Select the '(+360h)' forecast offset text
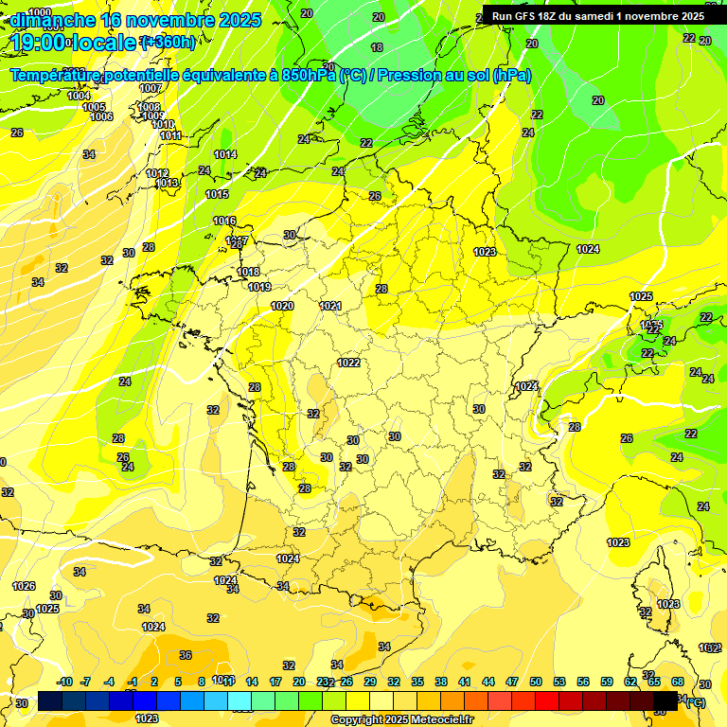pyautogui.click(x=168, y=42)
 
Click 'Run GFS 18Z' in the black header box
pyautogui.click(x=526, y=16)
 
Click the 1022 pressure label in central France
pyautogui.click(x=348, y=363)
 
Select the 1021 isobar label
pyautogui.click(x=330, y=306)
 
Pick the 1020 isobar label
pyautogui.click(x=282, y=306)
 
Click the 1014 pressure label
pyautogui.click(x=225, y=154)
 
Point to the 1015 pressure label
pyautogui.click(x=217, y=194)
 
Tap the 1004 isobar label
pyautogui.click(x=80, y=96)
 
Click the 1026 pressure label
pyautogui.click(x=24, y=587)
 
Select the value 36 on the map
pyautogui.click(x=186, y=655)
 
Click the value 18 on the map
pyautogui.click(x=378, y=47)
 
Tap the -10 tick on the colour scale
pyautogui.click(x=65, y=682)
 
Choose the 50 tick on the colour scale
pyautogui.click(x=536, y=682)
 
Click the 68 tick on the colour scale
pyautogui.click(x=678, y=682)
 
